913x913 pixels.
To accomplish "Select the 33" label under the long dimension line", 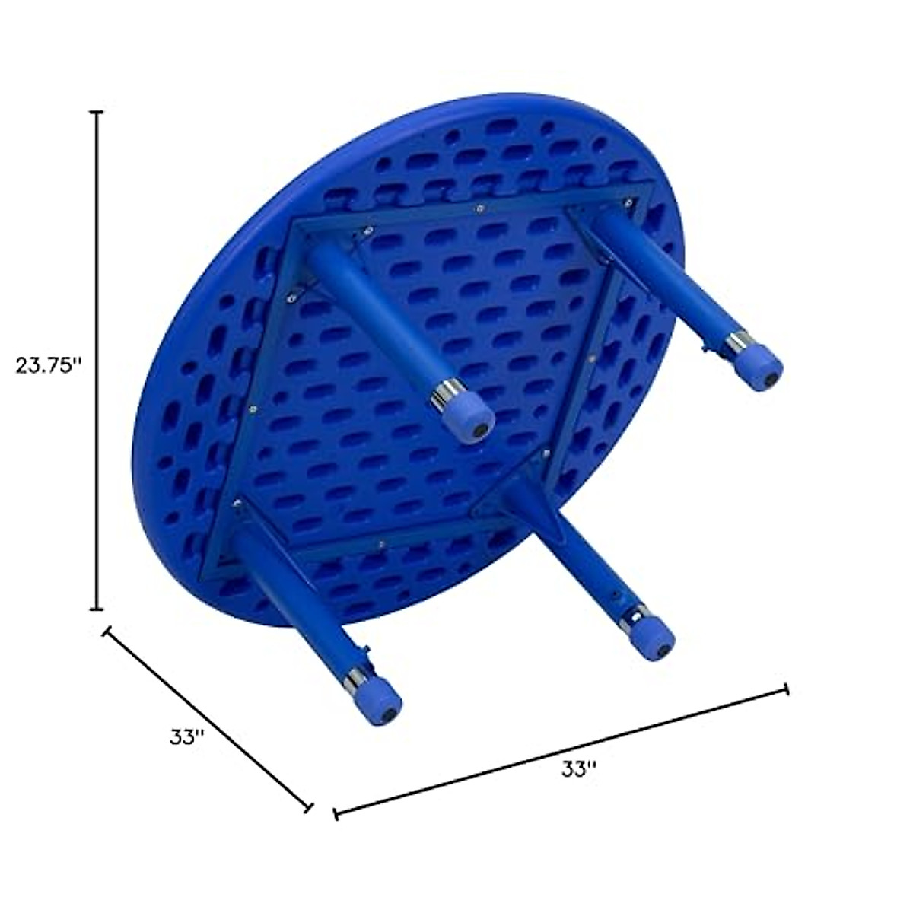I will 578,769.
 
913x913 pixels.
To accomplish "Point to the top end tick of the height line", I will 97,113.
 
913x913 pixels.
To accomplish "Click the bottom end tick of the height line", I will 97,609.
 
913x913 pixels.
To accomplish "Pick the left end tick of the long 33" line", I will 336,814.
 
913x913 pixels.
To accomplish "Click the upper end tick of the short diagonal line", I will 107,631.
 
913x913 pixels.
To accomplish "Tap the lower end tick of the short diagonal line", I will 309,807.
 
